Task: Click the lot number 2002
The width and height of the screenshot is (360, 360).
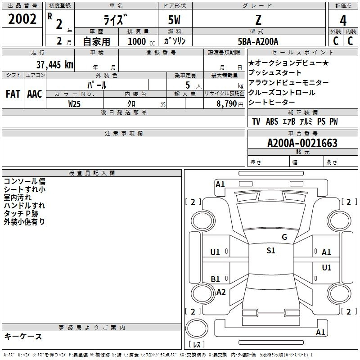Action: click(x=22, y=19)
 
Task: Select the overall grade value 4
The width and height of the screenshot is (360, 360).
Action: click(x=343, y=21)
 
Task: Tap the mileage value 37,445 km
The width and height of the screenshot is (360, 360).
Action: click(x=54, y=64)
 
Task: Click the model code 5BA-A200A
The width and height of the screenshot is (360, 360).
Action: click(x=258, y=41)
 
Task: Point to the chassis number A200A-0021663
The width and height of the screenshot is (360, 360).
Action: click(x=302, y=143)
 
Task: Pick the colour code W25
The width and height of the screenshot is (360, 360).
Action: click(x=74, y=104)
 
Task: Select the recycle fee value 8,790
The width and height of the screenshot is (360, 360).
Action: click(x=226, y=104)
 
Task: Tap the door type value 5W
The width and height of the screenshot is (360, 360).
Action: click(x=174, y=20)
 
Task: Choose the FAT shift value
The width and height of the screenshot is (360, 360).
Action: click(x=13, y=94)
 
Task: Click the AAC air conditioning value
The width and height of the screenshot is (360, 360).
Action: click(x=35, y=94)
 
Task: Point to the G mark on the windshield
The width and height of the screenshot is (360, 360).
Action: click(x=284, y=237)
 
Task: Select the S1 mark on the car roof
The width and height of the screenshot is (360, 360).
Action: click(x=271, y=251)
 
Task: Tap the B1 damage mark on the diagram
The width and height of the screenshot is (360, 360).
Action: click(x=215, y=279)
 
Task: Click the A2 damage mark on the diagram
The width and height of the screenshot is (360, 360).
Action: click(x=221, y=292)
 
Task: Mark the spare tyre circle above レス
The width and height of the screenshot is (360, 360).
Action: click(x=197, y=328)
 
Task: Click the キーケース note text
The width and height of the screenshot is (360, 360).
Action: click(x=23, y=336)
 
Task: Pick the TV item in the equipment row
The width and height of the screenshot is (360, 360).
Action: click(x=256, y=121)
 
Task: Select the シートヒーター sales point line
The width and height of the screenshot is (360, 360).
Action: click(x=271, y=102)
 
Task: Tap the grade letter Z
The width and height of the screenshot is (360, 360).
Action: click(x=258, y=20)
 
